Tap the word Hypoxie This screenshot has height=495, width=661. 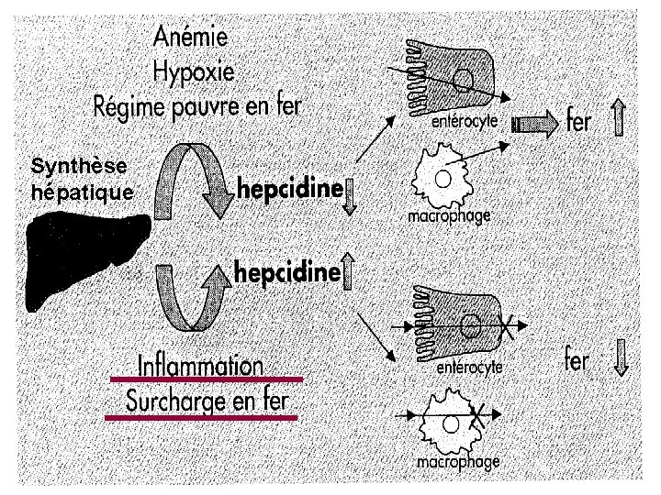pyautogui.click(x=195, y=71)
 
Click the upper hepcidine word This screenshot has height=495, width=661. pyautogui.click(x=289, y=189)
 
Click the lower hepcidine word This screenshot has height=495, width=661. pyautogui.click(x=289, y=271)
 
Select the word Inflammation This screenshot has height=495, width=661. pyautogui.click(x=200, y=364)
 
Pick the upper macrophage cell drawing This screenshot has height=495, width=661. pyautogui.click(x=446, y=180)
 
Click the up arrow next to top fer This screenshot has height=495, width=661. pyautogui.click(x=618, y=119)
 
